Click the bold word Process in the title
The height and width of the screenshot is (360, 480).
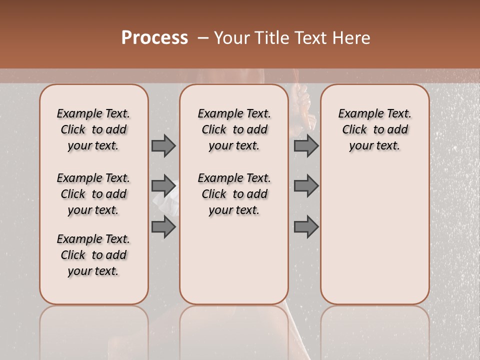click(x=154, y=38)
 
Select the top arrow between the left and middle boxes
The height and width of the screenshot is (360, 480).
click(x=163, y=145)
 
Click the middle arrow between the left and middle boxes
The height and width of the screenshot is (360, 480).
click(x=163, y=186)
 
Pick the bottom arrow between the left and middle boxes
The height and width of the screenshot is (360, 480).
click(x=163, y=227)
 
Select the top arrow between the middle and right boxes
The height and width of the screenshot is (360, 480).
click(x=306, y=145)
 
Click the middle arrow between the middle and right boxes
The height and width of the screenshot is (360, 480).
click(x=306, y=186)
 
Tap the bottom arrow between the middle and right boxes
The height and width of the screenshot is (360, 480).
click(x=306, y=227)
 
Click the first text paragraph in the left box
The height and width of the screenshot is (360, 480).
click(x=93, y=129)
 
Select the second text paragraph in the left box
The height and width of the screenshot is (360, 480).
click(x=93, y=194)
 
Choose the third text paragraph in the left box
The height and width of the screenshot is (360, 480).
click(x=93, y=255)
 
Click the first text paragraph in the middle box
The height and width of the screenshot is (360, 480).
click(x=234, y=129)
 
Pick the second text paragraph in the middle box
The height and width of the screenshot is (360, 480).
click(x=234, y=194)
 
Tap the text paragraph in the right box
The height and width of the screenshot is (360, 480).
click(x=374, y=129)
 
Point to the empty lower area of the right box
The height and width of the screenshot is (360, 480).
click(x=374, y=235)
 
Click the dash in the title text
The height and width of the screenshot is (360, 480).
click(x=203, y=38)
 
